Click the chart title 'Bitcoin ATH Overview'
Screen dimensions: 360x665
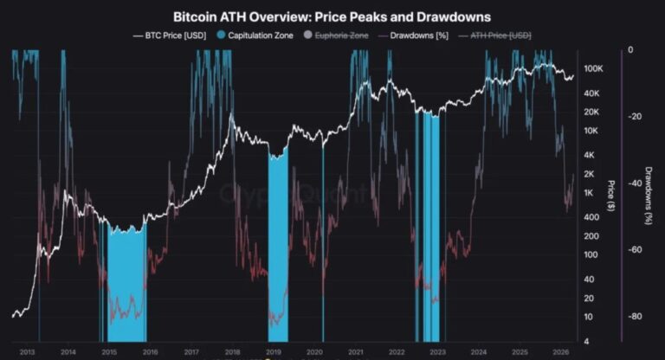332,16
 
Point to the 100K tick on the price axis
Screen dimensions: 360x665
592,68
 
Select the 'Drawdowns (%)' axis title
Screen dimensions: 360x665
648,196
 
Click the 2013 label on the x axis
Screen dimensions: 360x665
28,352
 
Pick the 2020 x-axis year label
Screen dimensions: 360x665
314,352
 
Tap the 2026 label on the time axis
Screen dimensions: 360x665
560,352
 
